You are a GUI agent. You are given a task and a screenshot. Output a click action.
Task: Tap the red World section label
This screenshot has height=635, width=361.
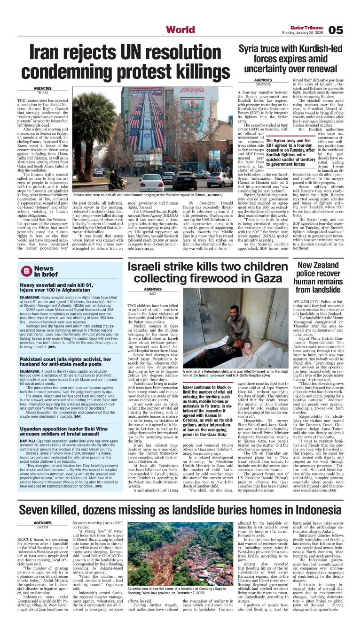180,30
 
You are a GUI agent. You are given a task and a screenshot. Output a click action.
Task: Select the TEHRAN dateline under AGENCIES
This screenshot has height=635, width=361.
43,92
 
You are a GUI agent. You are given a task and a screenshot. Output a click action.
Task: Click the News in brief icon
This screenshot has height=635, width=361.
26,271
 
